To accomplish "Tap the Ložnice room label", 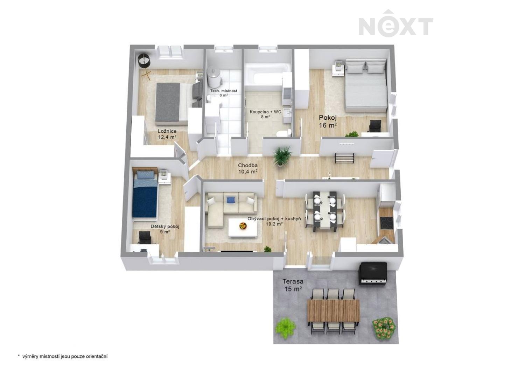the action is click(167, 134).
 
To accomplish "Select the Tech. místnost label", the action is click(223, 93).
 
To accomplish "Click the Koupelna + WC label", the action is click(265, 114).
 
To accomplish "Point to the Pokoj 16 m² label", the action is click(328, 121).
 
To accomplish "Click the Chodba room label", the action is click(248, 168).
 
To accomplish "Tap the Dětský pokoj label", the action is click(165, 229).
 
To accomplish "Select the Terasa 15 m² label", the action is click(293, 285).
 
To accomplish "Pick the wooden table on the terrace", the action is click(334, 310).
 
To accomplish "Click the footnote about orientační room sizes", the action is click(63, 356).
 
